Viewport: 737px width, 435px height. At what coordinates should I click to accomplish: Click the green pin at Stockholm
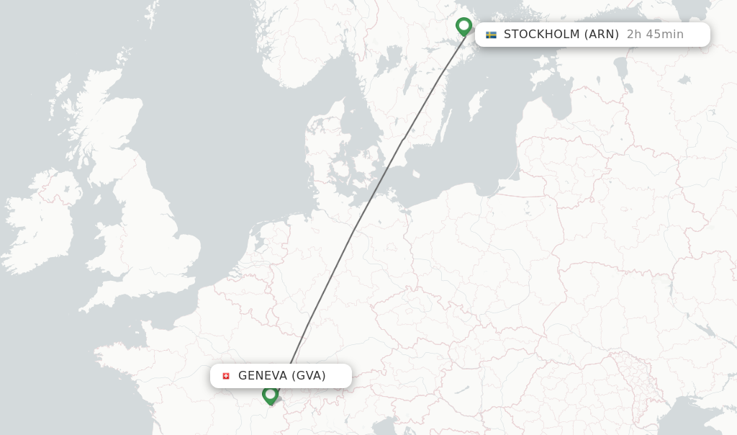point(464,27)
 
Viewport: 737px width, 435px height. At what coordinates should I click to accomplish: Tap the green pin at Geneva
point(270,395)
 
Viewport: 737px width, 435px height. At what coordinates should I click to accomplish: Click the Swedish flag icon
point(491,35)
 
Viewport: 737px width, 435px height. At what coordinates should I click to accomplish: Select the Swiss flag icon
point(226,376)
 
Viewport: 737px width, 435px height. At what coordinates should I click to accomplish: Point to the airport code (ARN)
point(601,35)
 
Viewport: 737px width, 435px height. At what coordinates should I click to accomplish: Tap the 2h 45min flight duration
point(655,35)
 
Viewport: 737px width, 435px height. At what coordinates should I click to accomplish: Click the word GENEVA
point(262,376)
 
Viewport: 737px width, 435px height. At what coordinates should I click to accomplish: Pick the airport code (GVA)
point(309,376)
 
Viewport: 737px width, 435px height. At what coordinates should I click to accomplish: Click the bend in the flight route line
point(404,138)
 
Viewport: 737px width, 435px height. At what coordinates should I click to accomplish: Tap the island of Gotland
point(476,104)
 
